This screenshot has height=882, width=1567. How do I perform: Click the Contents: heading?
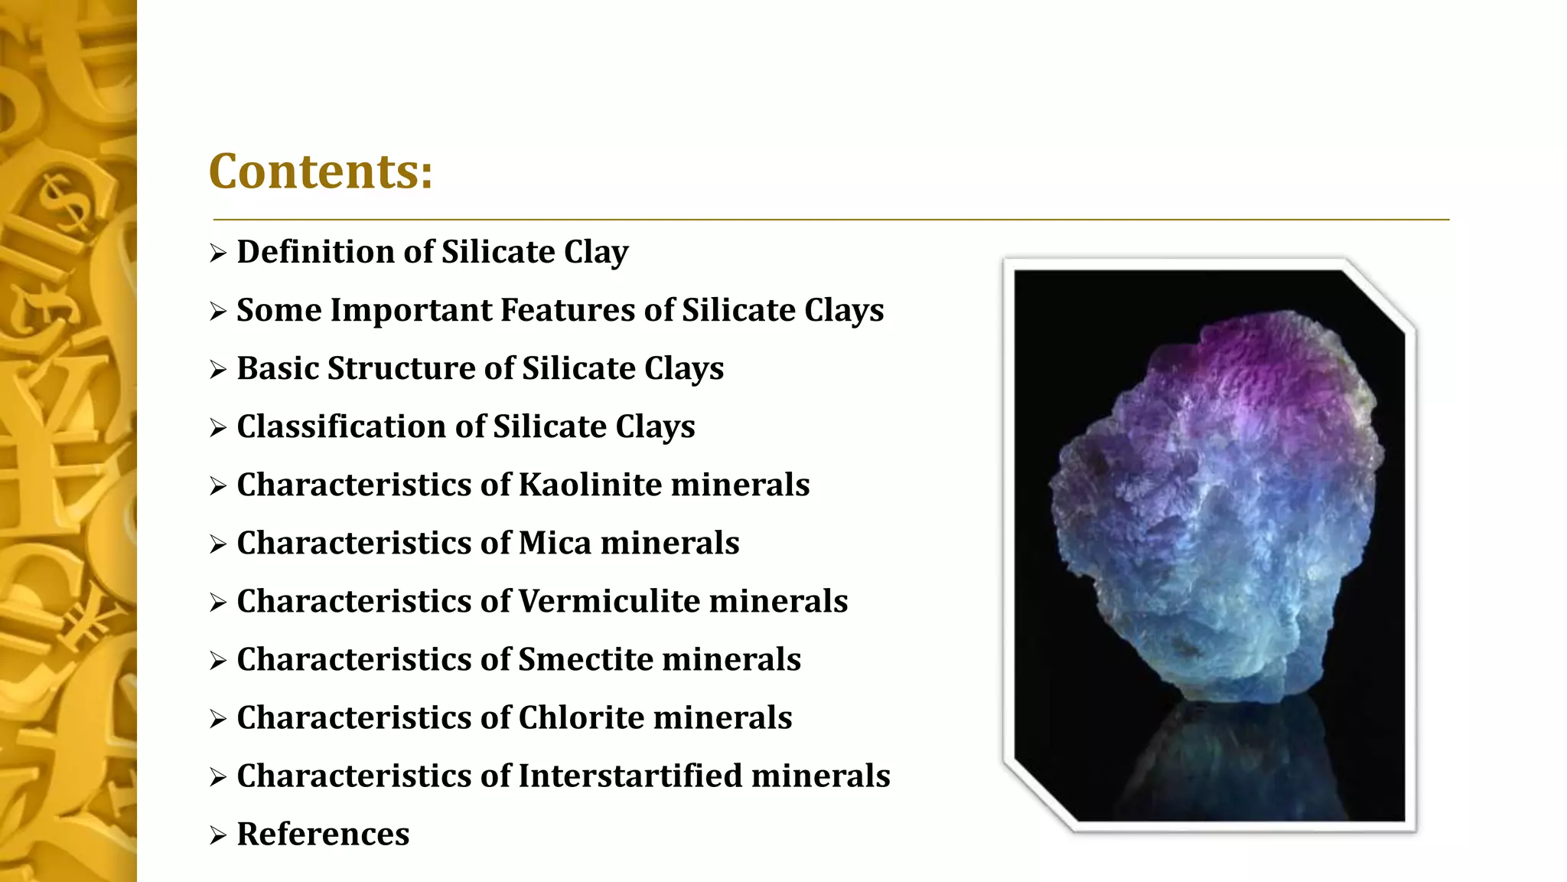(321, 171)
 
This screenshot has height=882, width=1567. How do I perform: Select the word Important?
(411, 310)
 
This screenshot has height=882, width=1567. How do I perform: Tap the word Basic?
(278, 368)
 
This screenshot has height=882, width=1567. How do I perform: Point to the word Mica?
(555, 543)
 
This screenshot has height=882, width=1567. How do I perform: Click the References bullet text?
(323, 834)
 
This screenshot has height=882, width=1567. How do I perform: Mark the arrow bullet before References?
(218, 835)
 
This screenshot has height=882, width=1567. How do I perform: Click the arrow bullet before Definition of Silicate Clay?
(218, 253)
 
